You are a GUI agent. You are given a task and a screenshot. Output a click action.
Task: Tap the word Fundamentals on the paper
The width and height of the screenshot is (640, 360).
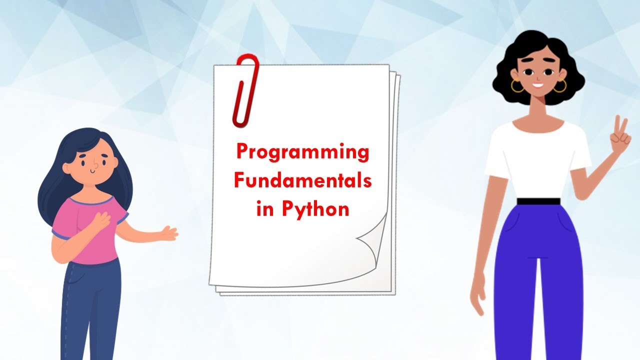click(303, 180)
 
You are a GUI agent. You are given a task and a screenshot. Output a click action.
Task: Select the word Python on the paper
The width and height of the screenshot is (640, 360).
click(315, 208)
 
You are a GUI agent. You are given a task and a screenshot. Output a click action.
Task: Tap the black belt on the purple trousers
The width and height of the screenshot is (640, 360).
click(538, 201)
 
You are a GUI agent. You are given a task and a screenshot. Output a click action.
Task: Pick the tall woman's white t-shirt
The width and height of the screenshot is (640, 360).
click(537, 160)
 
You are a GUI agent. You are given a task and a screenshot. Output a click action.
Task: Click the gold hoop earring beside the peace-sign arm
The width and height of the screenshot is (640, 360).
click(560, 86)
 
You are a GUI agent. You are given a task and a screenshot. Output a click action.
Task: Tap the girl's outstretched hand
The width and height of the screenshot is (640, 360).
click(168, 232)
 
